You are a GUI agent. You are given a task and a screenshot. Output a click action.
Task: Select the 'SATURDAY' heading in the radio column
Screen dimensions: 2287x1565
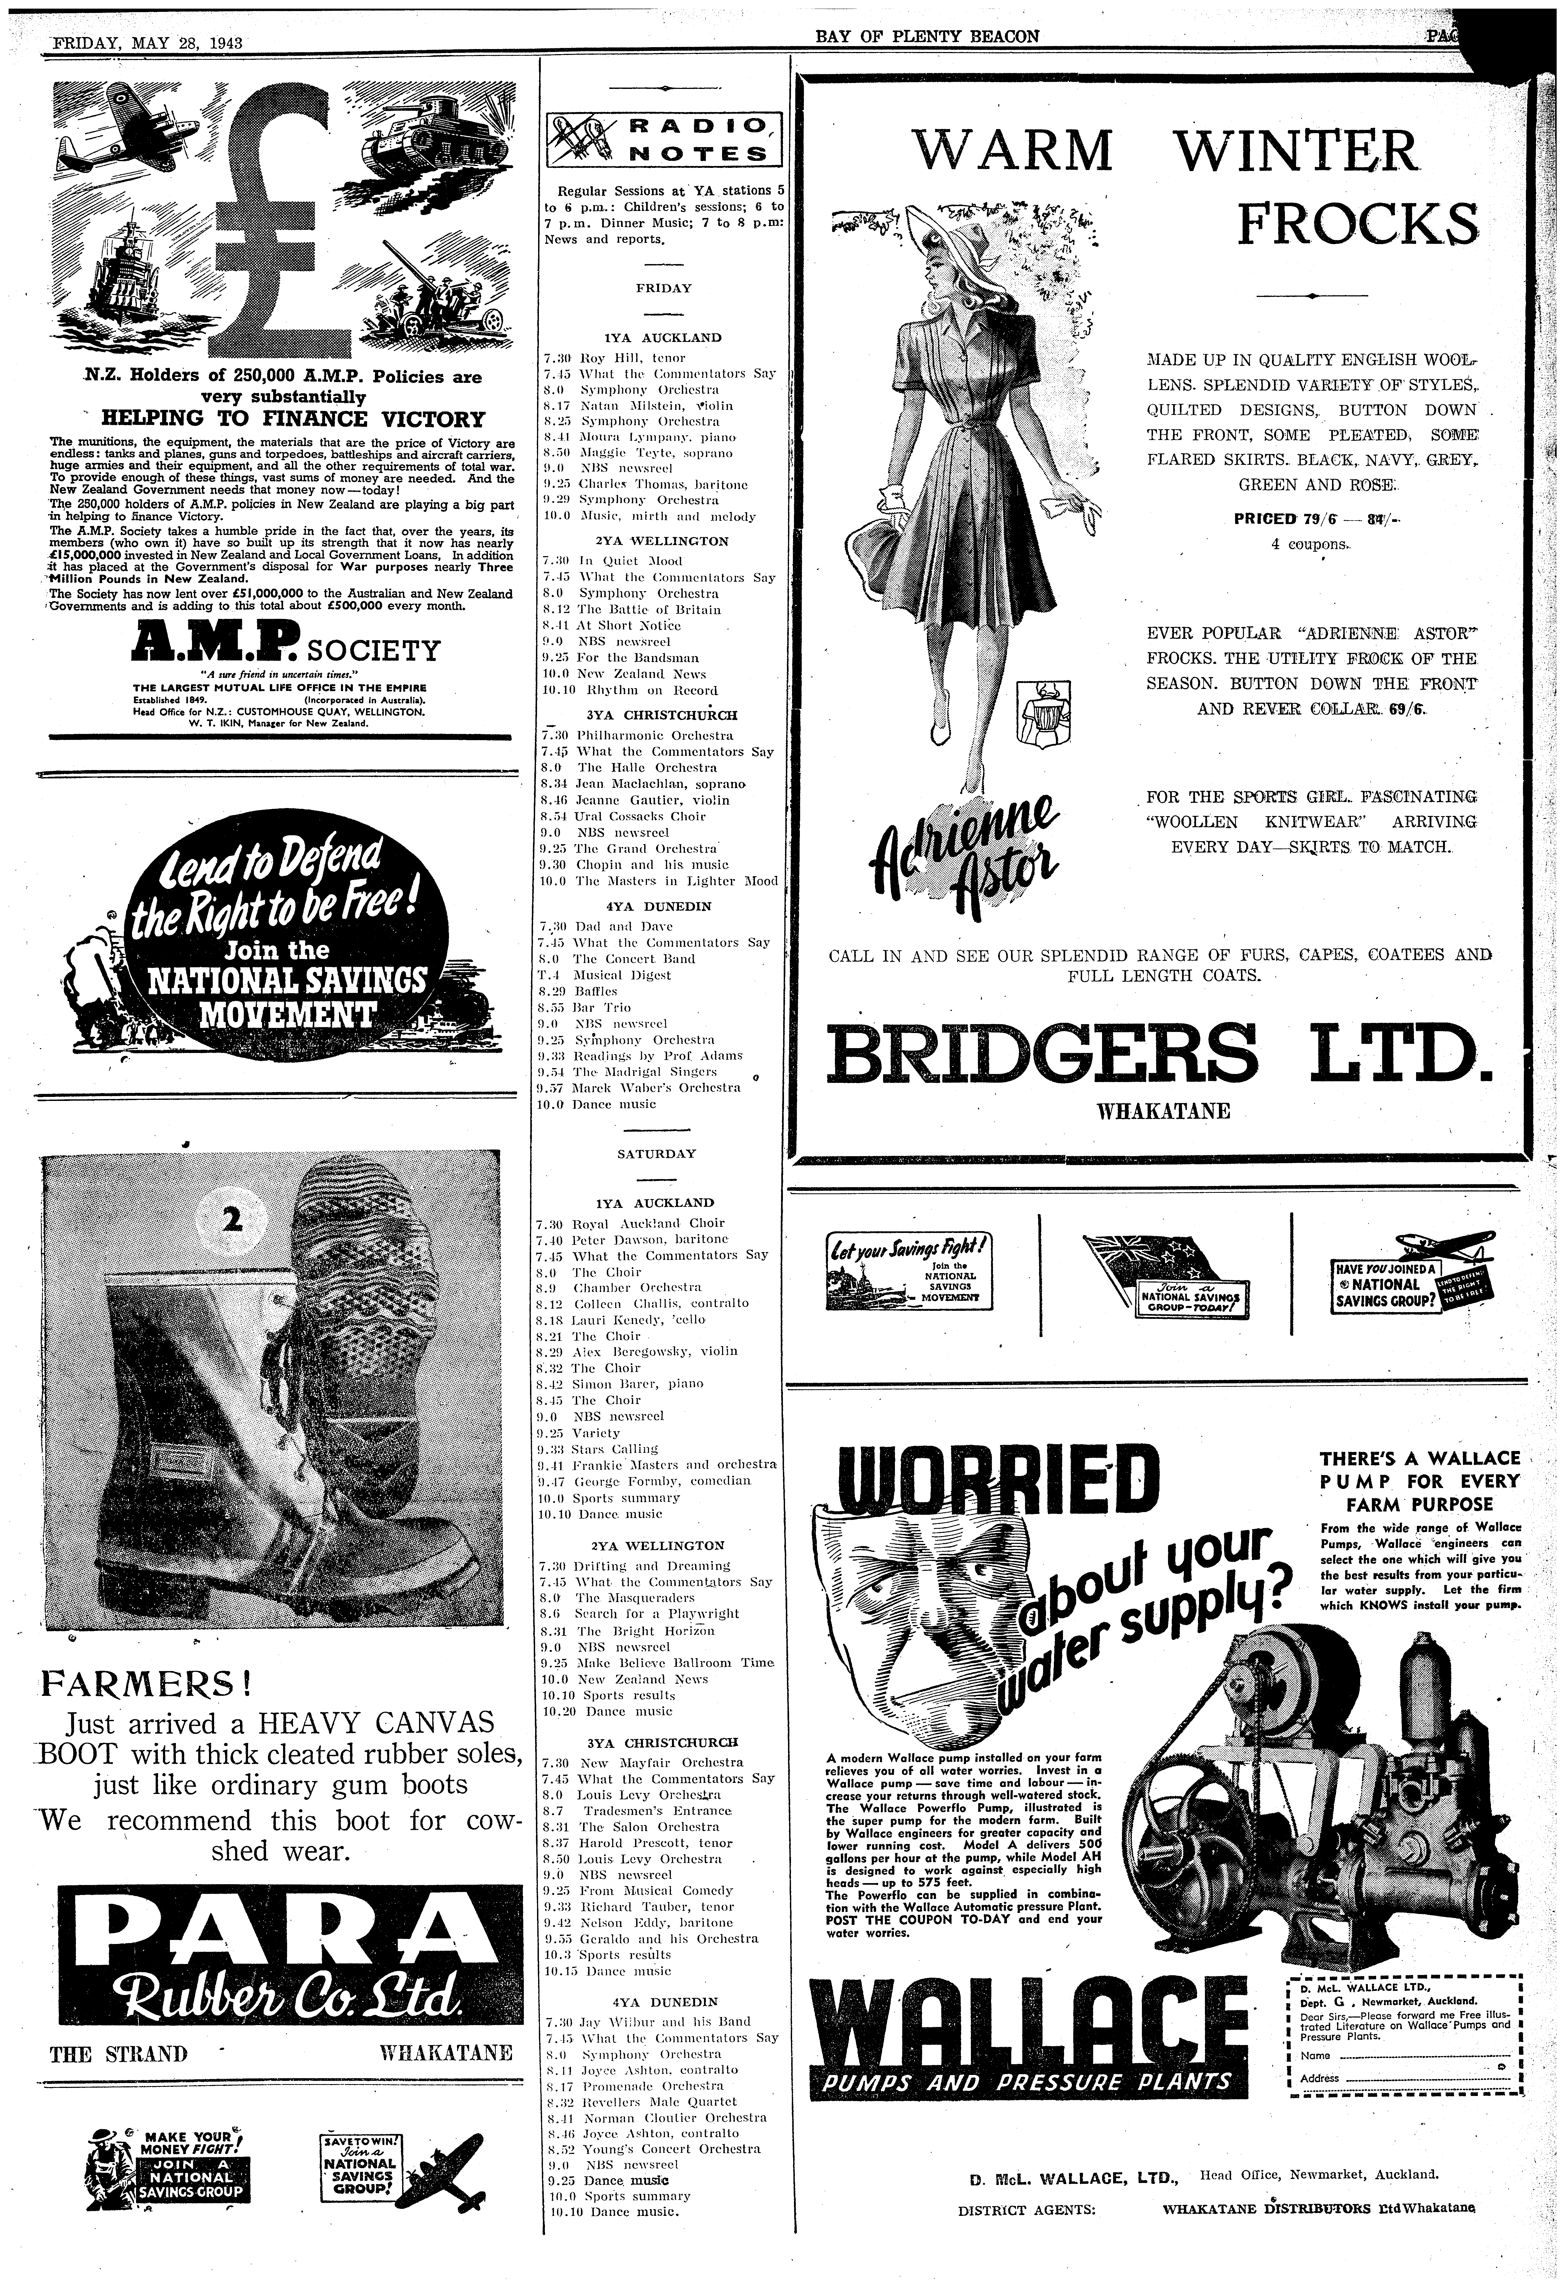tap(656, 1153)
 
